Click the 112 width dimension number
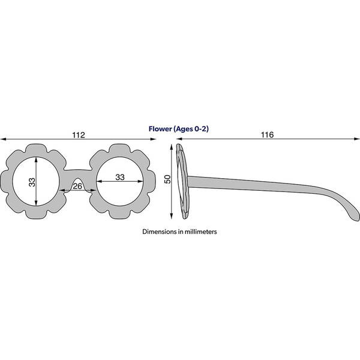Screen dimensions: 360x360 [79, 135]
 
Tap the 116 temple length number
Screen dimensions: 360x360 [267, 135]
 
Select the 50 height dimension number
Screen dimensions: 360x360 [168, 179]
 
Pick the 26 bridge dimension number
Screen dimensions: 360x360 [77, 186]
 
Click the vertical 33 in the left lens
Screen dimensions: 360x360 [32, 182]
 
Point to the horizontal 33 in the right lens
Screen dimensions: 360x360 [120, 177]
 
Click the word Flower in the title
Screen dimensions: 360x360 [160, 129]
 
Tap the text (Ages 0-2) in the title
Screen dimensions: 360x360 [191, 129]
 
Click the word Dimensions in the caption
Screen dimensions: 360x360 [160, 232]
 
